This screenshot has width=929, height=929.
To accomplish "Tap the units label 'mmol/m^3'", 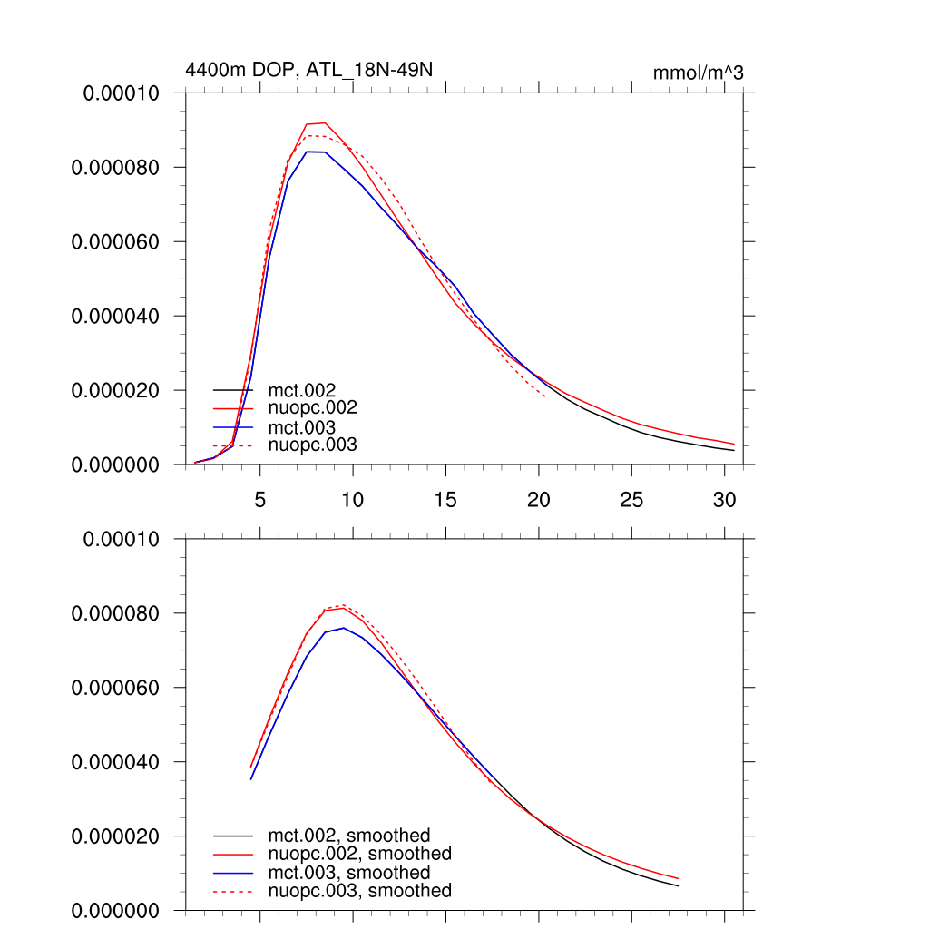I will click(698, 73).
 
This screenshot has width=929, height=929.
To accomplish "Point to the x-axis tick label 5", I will click(260, 500).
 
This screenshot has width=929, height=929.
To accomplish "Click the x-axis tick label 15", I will click(445, 500).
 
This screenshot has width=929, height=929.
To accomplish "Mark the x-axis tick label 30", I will click(724, 500).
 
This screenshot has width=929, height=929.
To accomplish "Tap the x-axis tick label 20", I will click(538, 500).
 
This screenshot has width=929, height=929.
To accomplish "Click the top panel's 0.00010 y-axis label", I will click(122, 93).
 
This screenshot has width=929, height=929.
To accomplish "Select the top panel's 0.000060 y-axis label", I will click(116, 242).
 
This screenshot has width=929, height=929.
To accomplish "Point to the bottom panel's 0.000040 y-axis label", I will click(116, 762).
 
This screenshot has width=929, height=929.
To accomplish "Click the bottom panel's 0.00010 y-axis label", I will click(122, 539).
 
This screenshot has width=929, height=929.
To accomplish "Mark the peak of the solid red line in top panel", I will click(324, 122).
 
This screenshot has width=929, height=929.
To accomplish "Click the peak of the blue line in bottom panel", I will click(343, 628).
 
